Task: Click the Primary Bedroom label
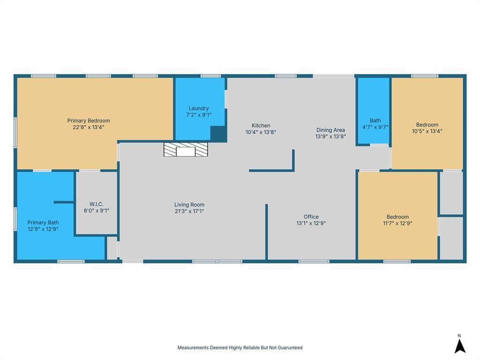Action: tap(89, 120)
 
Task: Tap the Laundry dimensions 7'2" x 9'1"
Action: tap(199, 115)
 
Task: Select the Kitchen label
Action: tap(261, 126)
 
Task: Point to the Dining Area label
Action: tap(330, 130)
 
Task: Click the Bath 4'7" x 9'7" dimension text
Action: tap(375, 127)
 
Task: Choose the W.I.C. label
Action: tap(97, 204)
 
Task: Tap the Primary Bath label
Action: tap(43, 223)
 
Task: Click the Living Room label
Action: tap(189, 204)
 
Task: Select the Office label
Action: tap(311, 217)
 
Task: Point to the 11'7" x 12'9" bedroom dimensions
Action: tap(397, 223)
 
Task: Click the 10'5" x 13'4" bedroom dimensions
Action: tap(427, 131)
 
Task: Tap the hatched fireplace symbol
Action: tap(186, 150)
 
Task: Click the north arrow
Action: tap(460, 346)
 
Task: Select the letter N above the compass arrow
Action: tap(459, 336)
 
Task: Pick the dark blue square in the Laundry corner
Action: tap(218, 134)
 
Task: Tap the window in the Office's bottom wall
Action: tap(314, 262)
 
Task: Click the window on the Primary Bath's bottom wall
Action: tap(71, 262)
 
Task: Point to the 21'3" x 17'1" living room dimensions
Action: tap(189, 211)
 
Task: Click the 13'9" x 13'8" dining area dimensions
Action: tap(330, 136)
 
